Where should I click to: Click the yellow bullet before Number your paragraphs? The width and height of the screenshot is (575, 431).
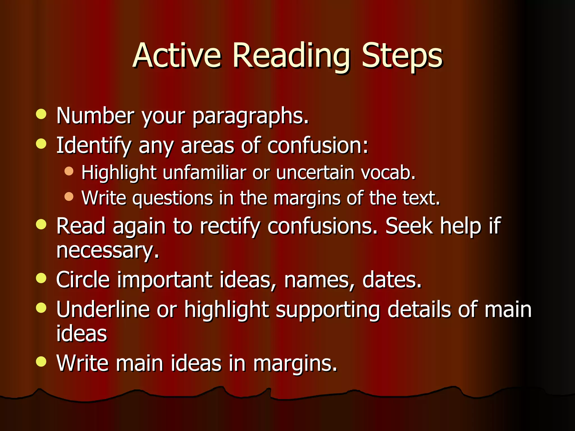click(41, 114)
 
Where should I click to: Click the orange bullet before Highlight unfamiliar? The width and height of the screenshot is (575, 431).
click(69, 171)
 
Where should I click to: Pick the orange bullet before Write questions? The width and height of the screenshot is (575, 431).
click(69, 196)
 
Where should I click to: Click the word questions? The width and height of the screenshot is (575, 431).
click(172, 199)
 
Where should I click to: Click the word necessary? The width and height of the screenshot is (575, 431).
click(108, 251)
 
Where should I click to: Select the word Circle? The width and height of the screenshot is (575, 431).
click(83, 280)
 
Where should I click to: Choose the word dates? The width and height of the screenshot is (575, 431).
click(392, 280)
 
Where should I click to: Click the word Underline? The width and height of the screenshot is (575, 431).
click(103, 310)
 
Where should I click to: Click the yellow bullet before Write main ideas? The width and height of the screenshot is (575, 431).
click(41, 362)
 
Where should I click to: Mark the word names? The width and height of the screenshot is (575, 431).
click(319, 280)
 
